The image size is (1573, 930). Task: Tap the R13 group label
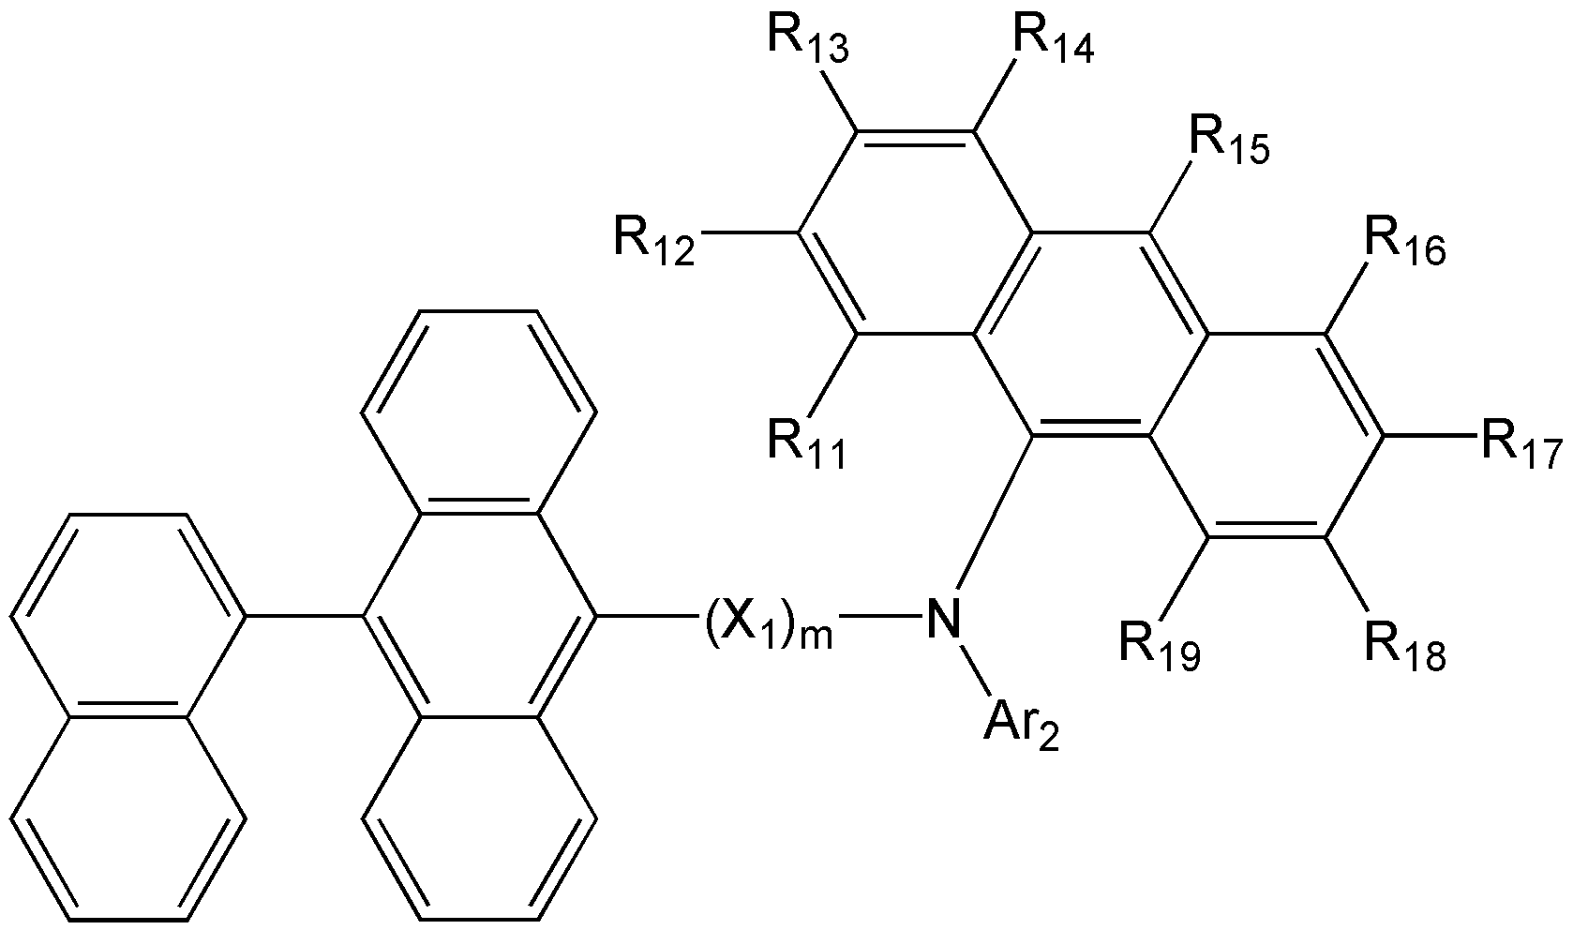808,37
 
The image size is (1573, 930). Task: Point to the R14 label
1051,39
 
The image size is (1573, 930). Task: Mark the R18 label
1404,646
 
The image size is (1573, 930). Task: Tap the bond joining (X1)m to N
879,617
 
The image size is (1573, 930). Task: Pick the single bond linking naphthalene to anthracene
304,617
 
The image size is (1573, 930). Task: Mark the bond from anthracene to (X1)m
648,617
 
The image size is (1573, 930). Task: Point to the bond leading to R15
1169,200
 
